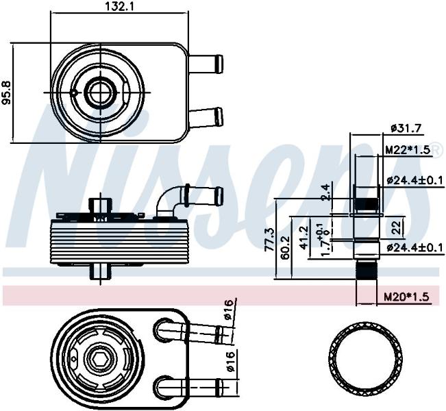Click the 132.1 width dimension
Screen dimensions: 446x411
pyautogui.click(x=119, y=6)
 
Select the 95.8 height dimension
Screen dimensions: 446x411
pyautogui.click(x=6, y=93)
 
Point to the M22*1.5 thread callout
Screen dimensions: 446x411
pyautogui.click(x=407, y=150)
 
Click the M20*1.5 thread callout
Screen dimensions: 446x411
pyautogui.click(x=406, y=297)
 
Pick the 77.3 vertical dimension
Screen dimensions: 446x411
pyautogui.click(x=269, y=239)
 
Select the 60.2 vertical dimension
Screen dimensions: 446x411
pyautogui.click(x=285, y=247)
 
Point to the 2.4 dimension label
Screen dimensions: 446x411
pyautogui.click(x=325, y=193)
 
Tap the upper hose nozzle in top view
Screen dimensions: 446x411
pyautogui.click(x=206, y=64)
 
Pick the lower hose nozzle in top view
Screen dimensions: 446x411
pyautogui.click(x=206, y=117)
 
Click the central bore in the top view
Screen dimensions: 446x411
pyautogui.click(x=101, y=92)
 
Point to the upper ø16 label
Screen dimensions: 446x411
pyautogui.click(x=230, y=310)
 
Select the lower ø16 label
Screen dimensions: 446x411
pyautogui.click(x=230, y=361)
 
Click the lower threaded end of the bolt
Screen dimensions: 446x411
pyautogui.click(x=366, y=270)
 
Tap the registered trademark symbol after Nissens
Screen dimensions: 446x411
pyautogui.click(x=435, y=150)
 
